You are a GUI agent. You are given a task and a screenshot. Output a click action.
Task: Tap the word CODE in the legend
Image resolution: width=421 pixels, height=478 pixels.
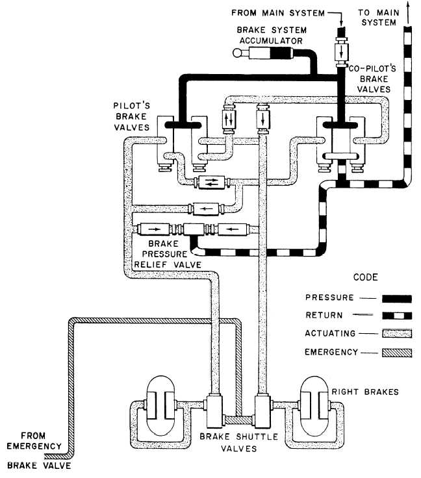coord(364,277)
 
